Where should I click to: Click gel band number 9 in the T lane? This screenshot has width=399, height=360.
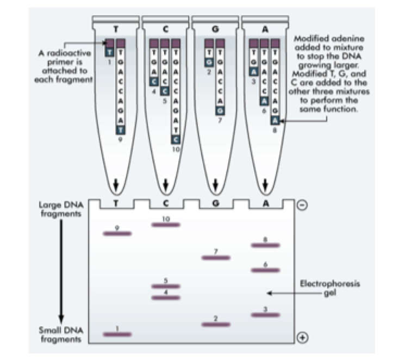(x=117, y=233)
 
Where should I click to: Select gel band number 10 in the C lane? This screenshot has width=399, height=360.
(x=166, y=224)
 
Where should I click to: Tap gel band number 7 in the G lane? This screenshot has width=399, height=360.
(x=215, y=257)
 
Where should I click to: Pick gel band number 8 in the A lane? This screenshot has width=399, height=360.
(x=265, y=245)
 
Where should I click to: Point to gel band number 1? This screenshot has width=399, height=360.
(x=117, y=334)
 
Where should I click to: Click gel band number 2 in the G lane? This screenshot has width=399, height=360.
(x=215, y=324)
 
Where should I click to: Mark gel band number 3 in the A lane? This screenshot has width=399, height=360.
(x=265, y=315)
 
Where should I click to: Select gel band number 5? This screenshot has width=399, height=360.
(x=166, y=285)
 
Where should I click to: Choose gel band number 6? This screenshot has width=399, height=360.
(x=265, y=270)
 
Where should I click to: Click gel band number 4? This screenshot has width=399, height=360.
(x=166, y=297)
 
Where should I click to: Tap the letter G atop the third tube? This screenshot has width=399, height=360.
(x=215, y=28)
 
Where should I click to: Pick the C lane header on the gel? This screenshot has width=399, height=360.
(x=166, y=203)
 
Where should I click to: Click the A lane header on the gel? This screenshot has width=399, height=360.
(x=265, y=203)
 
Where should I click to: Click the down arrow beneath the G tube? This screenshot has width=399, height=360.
(x=215, y=185)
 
